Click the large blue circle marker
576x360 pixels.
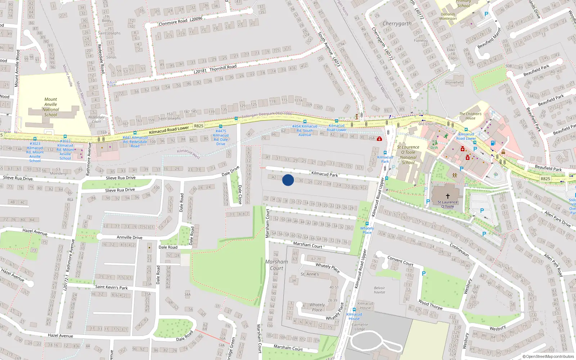(x=288, y=180)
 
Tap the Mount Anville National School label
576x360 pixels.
(x=51, y=107)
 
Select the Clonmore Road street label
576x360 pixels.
(x=173, y=22)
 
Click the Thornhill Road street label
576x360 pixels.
(x=223, y=67)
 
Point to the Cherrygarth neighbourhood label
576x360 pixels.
(x=397, y=24)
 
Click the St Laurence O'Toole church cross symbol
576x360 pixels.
(x=448, y=196)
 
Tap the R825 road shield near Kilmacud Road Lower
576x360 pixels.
(x=199, y=126)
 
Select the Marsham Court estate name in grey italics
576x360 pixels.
(x=276, y=265)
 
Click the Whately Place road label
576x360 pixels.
(x=328, y=267)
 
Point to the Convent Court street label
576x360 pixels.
(x=400, y=261)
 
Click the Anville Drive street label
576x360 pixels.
(x=130, y=238)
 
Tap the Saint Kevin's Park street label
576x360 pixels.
(x=112, y=287)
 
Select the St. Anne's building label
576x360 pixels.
(x=310, y=274)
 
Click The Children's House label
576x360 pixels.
(x=470, y=116)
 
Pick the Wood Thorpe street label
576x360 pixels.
(x=431, y=305)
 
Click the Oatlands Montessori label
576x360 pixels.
(x=448, y=17)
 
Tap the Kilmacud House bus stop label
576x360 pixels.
(x=354, y=316)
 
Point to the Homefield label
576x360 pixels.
(x=454, y=82)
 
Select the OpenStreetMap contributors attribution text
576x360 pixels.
(x=548, y=357)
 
